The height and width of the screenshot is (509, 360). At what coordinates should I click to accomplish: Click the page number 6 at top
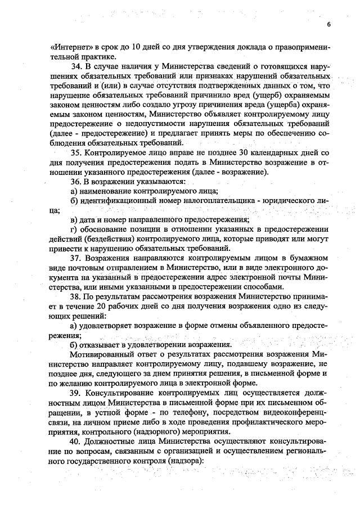click(328, 25)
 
